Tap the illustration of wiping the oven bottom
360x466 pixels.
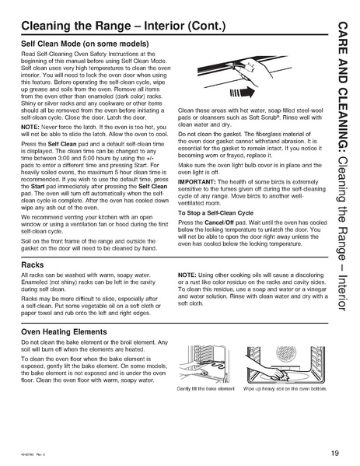(x=278, y=363)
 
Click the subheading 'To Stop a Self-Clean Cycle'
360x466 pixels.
(x=218, y=191)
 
